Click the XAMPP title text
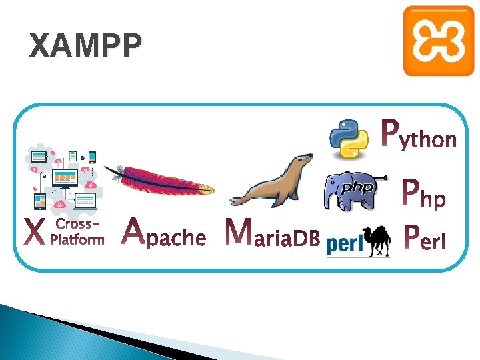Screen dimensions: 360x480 (86, 47)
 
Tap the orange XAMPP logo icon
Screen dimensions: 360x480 (438, 41)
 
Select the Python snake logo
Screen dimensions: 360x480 (350, 139)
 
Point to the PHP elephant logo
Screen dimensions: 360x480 (353, 191)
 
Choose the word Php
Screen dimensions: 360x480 (424, 195)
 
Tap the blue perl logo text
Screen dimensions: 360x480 (345, 245)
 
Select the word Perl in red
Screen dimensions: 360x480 (425, 235)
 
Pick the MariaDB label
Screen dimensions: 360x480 (273, 233)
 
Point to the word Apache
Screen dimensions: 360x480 (165, 233)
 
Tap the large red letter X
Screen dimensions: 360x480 (35, 233)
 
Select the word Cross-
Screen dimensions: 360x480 (78, 224)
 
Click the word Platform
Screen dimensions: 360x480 (78, 239)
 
